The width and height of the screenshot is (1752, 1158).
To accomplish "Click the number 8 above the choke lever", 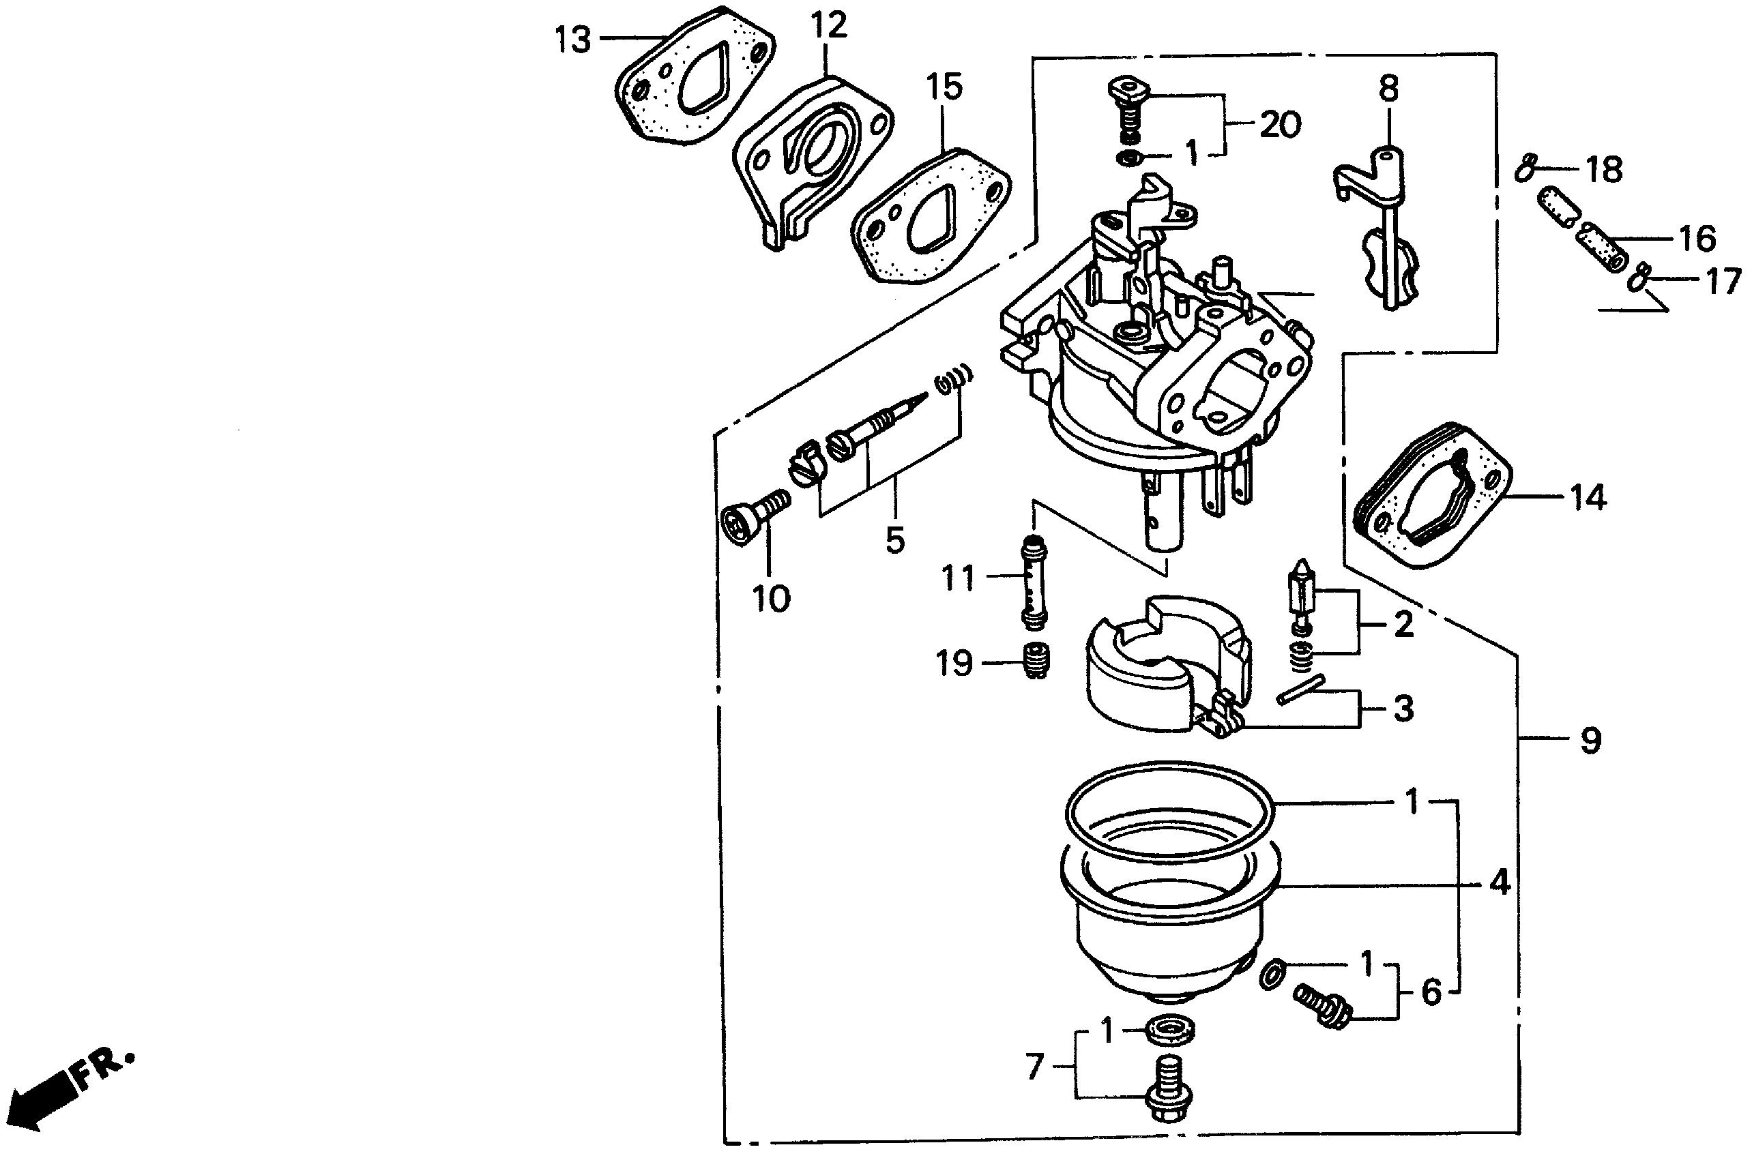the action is [x=1388, y=89].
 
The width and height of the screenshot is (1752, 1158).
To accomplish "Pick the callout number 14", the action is [x=1589, y=498].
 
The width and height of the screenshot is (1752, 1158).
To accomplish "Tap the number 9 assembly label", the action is [x=1591, y=741].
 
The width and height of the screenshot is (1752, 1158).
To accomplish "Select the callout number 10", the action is [x=772, y=598].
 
